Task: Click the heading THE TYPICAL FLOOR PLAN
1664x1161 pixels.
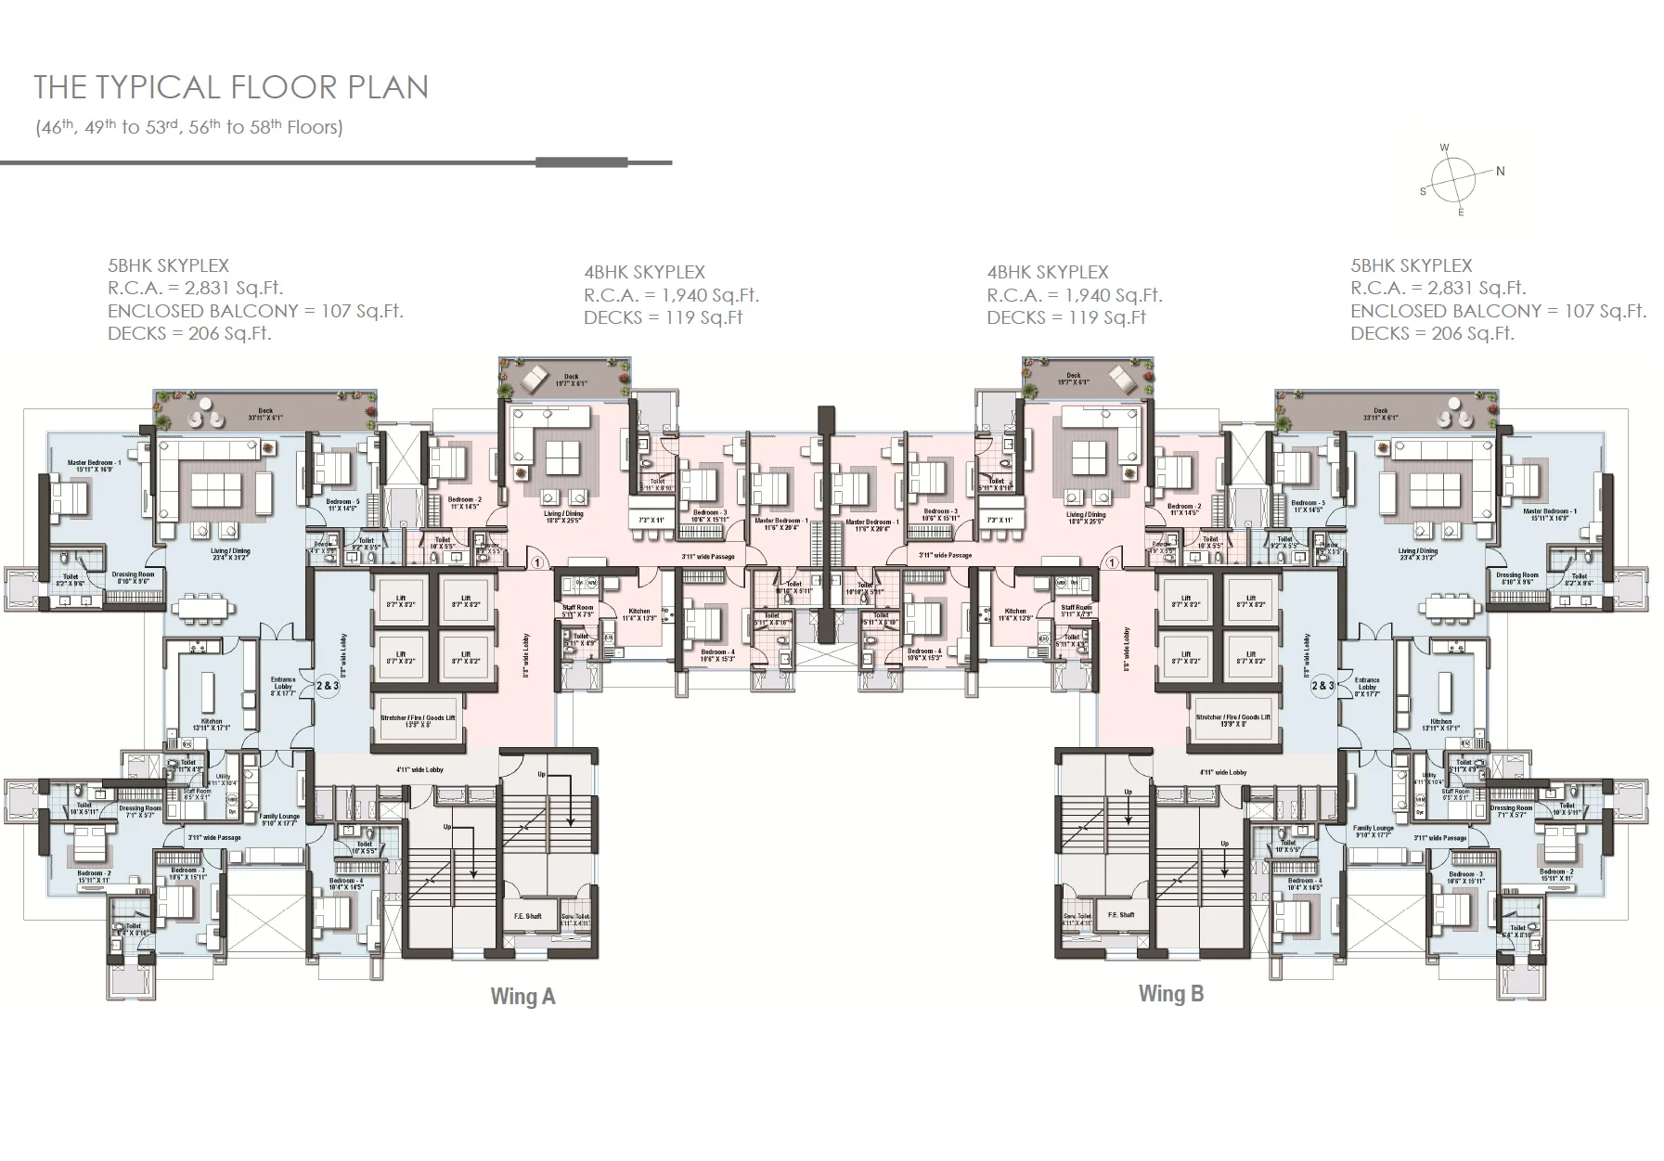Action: click(x=231, y=87)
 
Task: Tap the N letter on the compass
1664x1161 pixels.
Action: click(x=1500, y=171)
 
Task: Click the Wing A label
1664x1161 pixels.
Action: click(x=522, y=997)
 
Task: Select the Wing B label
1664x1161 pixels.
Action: click(x=1170, y=994)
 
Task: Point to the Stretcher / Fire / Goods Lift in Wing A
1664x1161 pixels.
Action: click(x=418, y=721)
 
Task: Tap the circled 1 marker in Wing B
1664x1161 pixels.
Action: click(x=1112, y=562)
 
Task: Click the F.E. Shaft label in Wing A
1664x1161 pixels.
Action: click(x=527, y=916)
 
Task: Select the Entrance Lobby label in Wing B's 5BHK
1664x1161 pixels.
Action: click(x=1366, y=685)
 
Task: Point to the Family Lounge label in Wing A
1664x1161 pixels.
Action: click(x=278, y=820)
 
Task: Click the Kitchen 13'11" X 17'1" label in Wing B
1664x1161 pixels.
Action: click(x=1440, y=725)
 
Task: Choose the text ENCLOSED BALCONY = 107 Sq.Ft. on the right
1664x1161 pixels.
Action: click(x=1498, y=311)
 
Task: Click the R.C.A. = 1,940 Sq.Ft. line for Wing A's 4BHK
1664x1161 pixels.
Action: click(x=671, y=295)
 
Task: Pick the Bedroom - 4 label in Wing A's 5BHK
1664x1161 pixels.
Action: click(x=346, y=884)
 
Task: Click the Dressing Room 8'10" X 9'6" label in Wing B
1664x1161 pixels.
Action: click(x=1516, y=578)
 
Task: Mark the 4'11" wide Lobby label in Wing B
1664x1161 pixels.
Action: click(x=1222, y=772)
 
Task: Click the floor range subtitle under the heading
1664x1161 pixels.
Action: click(x=189, y=127)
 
